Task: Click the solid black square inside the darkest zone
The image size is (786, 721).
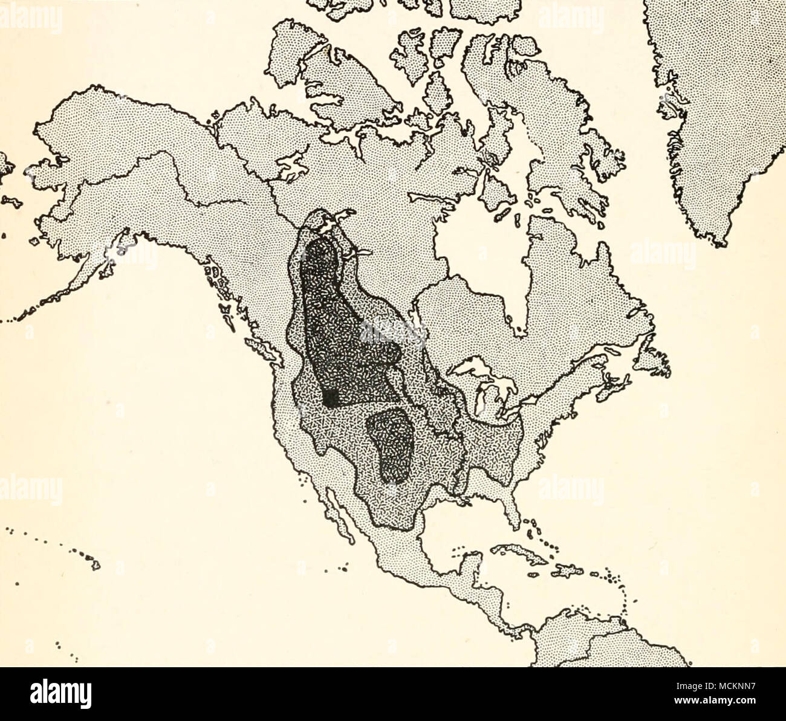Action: [x=331, y=398]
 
